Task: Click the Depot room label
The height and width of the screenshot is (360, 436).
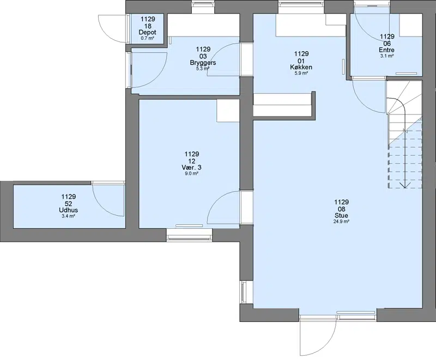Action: (x=147, y=33)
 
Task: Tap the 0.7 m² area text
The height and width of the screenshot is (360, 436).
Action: (x=147, y=38)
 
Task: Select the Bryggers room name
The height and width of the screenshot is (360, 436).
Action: (x=203, y=63)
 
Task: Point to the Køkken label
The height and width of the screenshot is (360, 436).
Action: (x=301, y=67)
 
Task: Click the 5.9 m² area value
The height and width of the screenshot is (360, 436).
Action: (x=301, y=73)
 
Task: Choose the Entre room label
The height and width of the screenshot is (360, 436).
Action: (x=387, y=50)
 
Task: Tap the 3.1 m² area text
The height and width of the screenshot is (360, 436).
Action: (x=387, y=56)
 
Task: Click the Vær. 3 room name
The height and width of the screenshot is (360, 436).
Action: (x=192, y=167)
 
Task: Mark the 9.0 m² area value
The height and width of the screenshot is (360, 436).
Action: (x=192, y=173)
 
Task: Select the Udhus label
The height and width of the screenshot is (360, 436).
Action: (x=69, y=210)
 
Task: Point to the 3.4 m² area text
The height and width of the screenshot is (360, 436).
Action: (x=69, y=216)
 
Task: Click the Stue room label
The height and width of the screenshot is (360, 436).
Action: (x=342, y=215)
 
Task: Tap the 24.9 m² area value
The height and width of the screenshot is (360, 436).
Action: (x=342, y=221)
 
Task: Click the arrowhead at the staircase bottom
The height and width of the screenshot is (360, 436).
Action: (x=405, y=186)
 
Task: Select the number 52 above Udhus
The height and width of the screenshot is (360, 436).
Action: (x=69, y=203)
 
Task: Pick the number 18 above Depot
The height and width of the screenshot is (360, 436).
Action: (x=147, y=26)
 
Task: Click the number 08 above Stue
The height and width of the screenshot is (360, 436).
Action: (x=342, y=209)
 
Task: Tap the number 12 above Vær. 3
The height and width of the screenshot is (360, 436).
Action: (x=192, y=161)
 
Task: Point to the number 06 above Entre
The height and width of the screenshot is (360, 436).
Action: (x=387, y=44)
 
